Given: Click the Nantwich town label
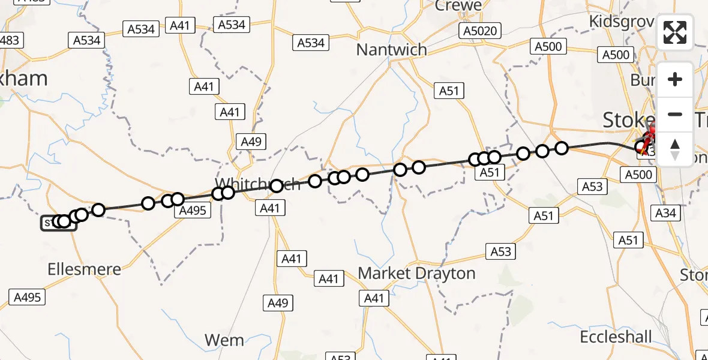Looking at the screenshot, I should coord(391,49).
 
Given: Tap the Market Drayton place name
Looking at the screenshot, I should coord(416,273).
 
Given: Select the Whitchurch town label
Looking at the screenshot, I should coord(258,184).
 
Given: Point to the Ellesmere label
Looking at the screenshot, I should coord(84,269).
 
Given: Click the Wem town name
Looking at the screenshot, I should coord(224,340).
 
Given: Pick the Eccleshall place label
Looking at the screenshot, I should coord(616,337).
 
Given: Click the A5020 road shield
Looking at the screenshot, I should coord(481,31).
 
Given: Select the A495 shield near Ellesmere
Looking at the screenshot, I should coord(27,296).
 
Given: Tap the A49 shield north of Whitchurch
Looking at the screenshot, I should coord(251,142).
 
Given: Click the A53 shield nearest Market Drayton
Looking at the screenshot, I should coord(500,251).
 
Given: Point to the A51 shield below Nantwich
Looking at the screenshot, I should coord(449,91).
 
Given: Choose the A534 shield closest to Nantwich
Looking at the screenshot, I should coord(311,43).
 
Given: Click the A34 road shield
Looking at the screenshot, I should coord(665,212).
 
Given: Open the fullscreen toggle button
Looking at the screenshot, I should coord(675,32).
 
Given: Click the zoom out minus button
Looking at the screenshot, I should coord(675,114).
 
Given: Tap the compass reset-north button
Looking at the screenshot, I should coord(675,149).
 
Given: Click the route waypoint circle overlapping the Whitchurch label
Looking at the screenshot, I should coord(276,186).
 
